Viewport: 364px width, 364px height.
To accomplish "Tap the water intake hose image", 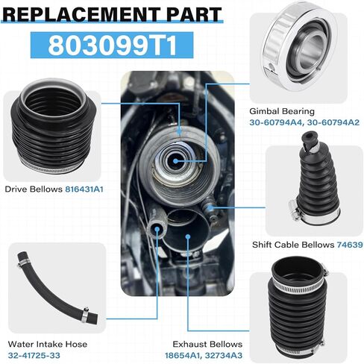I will (51, 293).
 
